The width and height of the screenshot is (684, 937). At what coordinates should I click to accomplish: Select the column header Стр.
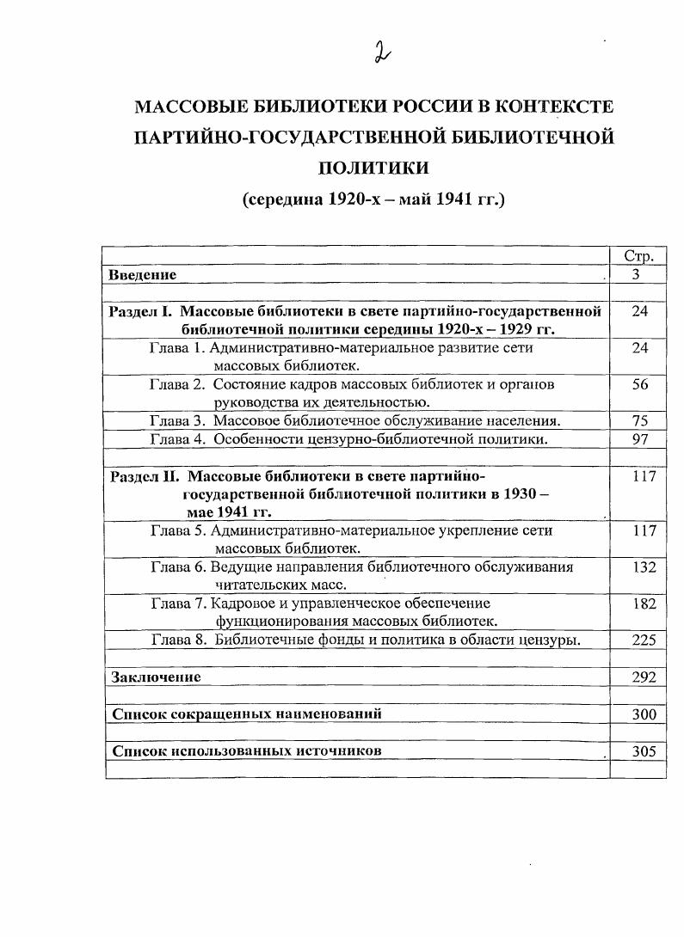[638, 256]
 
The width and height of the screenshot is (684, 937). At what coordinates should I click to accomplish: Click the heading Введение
[143, 275]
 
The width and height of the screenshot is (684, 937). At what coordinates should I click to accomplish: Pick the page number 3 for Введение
[637, 275]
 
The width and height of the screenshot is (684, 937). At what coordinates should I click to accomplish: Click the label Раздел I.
[142, 311]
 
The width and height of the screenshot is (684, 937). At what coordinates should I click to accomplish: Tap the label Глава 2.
[176, 384]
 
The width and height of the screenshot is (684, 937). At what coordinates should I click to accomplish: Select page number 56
[639, 384]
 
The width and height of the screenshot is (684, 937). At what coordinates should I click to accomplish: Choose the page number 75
[639, 420]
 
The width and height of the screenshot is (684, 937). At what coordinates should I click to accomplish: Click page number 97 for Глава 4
[639, 438]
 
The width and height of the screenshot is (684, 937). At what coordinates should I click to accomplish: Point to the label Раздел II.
[145, 476]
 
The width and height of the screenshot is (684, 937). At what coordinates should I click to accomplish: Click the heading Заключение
[156, 677]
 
